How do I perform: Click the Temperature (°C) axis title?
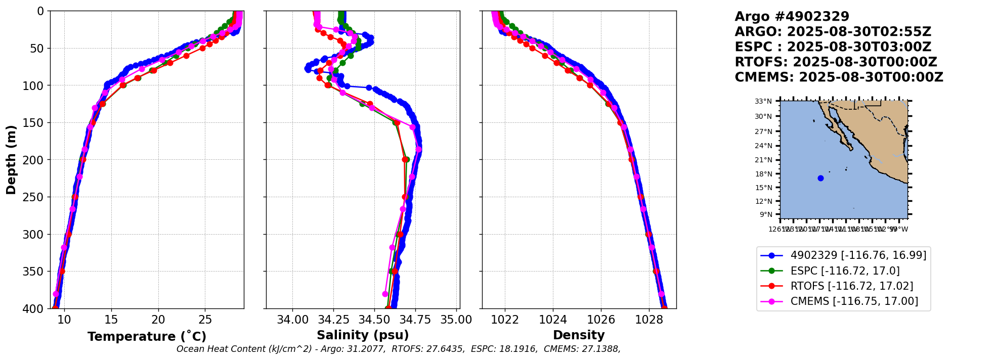(x=147, y=337)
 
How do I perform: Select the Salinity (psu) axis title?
(x=363, y=335)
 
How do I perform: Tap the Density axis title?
(x=579, y=335)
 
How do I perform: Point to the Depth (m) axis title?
(x=11, y=160)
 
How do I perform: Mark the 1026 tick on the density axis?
(x=601, y=320)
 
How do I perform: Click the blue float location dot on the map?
(x=820, y=178)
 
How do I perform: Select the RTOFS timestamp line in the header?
(x=836, y=62)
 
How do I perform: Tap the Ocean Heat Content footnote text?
(x=398, y=349)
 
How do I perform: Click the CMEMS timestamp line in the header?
(x=839, y=77)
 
